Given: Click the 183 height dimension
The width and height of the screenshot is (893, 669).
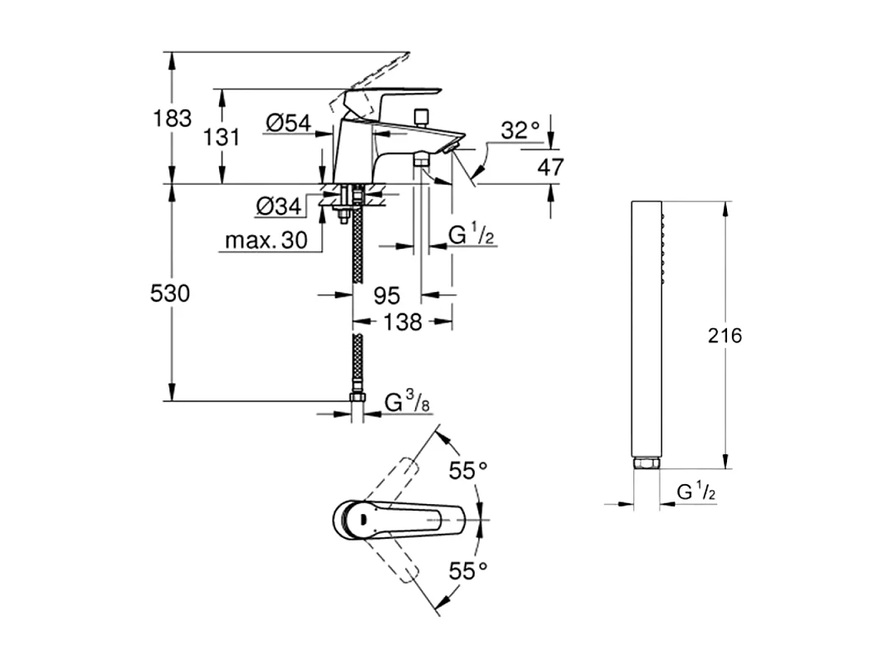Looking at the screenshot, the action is coord(173,119).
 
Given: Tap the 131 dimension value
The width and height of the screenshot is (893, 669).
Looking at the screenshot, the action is coord(222,137).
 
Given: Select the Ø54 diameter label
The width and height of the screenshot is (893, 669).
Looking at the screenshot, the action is coord(289,123).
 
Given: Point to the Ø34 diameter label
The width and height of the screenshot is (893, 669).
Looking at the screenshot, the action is coord(279,206).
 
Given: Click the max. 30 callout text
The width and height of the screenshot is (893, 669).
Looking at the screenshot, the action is coord(266,240).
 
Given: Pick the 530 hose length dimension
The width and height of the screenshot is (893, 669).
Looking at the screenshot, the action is coord(169,293).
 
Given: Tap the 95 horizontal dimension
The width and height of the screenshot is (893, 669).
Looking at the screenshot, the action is coord(387,296).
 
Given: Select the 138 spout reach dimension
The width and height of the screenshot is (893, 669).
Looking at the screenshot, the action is coord(403,322).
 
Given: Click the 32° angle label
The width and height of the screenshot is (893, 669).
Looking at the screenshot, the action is coord(520,130).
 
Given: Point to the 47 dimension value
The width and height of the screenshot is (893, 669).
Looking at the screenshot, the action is coord(550,167).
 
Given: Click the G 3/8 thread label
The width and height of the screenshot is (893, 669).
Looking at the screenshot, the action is coord(407,402).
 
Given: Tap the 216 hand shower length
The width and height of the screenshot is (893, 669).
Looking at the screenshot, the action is coord(725,336).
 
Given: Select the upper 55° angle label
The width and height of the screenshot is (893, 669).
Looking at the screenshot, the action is coord(467,471).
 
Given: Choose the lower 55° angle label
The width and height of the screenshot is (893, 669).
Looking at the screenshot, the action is coord(467,570).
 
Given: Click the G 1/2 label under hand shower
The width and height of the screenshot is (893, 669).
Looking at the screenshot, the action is coord(696,492).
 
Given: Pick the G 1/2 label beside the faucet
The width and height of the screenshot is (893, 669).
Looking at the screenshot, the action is coord(471,235).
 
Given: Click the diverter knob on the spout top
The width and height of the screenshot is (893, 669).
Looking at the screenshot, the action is coord(422,117).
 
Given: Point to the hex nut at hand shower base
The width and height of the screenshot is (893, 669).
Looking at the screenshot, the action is coord(647,463).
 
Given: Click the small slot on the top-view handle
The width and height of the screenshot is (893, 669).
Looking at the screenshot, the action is coord(363,518).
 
